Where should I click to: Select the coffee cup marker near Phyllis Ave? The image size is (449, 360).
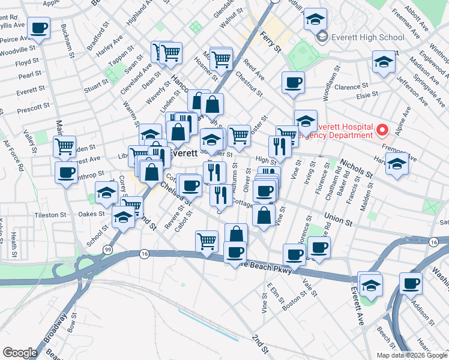pyautogui.click(x=38, y=27)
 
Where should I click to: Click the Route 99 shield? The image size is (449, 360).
pyautogui.click(x=107, y=249)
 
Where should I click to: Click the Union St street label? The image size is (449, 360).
pyautogui.click(x=337, y=218)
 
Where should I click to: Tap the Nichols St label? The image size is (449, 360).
pyautogui.click(x=355, y=168)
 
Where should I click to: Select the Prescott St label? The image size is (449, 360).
pyautogui.click(x=34, y=108)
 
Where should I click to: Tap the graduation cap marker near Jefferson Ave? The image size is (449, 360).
pyautogui.click(x=384, y=62)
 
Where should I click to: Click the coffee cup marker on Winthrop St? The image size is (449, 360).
pyautogui.click(x=66, y=172)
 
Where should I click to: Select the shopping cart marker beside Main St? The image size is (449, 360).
pyautogui.click(x=64, y=146)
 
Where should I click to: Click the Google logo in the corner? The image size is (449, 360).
pyautogui.click(x=20, y=353)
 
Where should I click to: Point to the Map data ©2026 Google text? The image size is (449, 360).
pyautogui.click(x=411, y=355)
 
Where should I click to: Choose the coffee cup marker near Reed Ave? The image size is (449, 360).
pyautogui.click(x=293, y=82)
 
